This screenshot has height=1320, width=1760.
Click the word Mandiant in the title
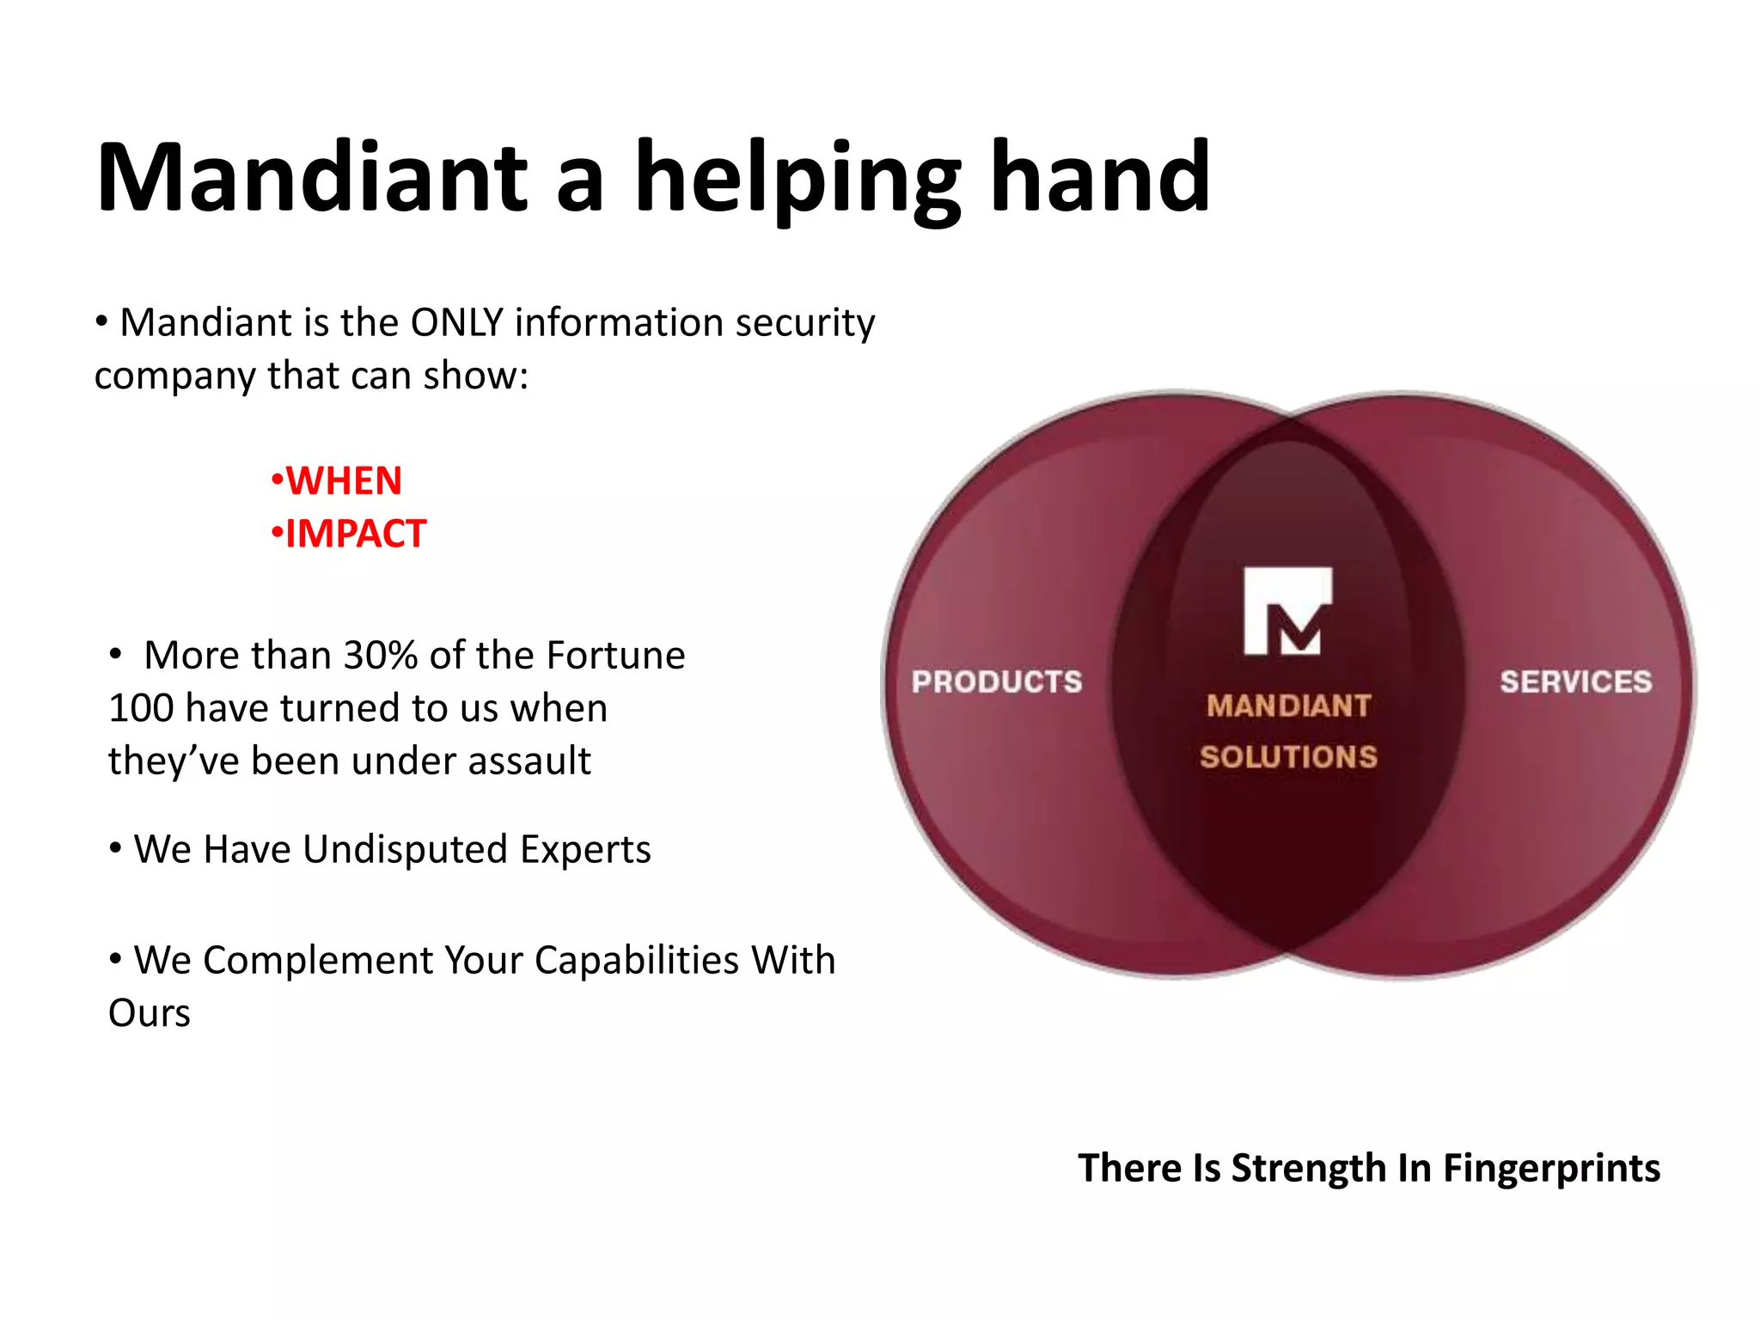(311, 178)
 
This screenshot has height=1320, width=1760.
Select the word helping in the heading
(797, 180)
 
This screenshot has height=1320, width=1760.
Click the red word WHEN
(344, 481)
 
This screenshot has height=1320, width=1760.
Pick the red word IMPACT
(356, 534)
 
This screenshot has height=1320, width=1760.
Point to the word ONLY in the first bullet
(456, 323)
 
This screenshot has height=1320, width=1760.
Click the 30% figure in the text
(380, 656)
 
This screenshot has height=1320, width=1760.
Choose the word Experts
(585, 850)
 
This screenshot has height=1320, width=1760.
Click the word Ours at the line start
(150, 1014)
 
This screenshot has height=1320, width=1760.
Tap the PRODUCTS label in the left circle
(997, 682)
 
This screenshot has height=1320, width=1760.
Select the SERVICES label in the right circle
(1575, 682)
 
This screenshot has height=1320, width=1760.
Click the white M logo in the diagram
(1287, 611)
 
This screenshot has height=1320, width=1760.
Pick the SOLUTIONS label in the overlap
(1288, 757)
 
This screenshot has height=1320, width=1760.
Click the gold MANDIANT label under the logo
(1288, 706)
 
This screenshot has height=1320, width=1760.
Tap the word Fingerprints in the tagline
(1551, 1169)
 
